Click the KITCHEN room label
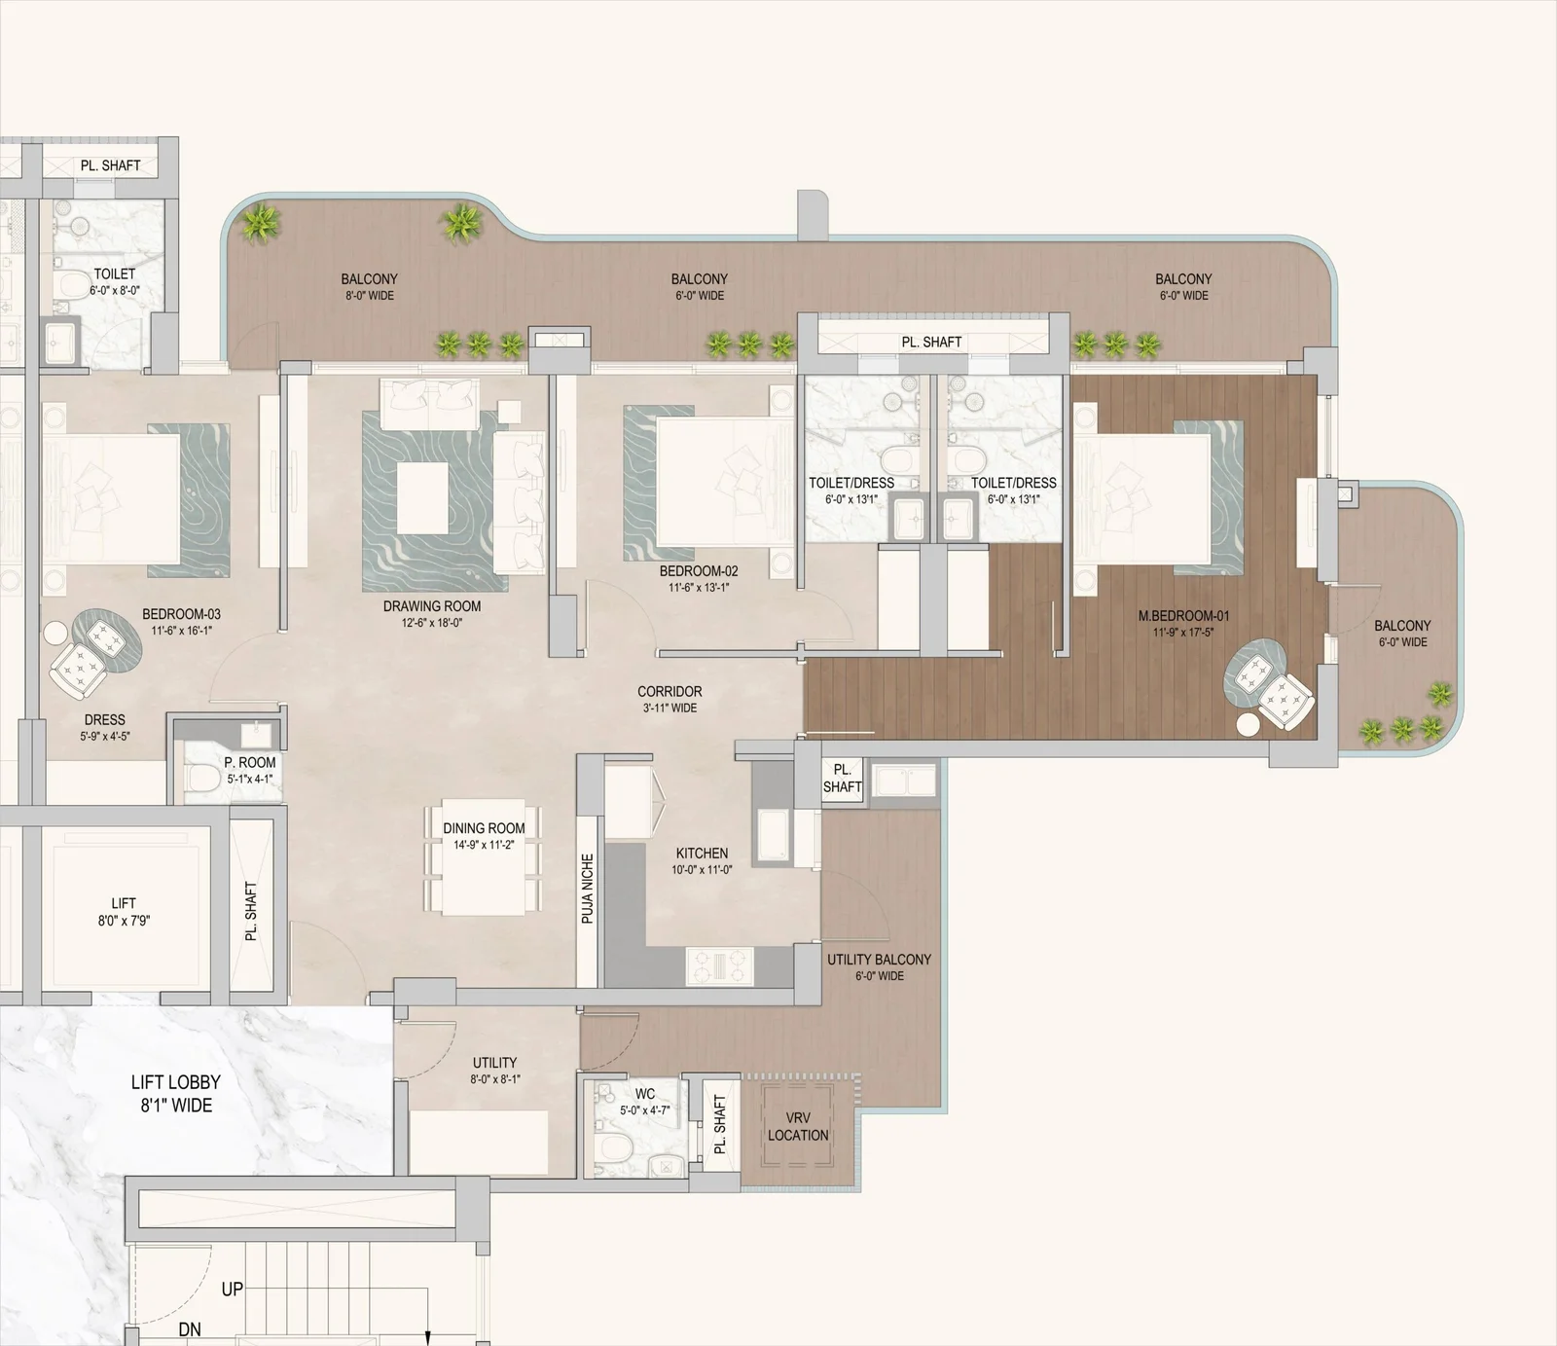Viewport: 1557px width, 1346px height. [702, 854]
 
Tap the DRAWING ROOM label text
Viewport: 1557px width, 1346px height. [432, 606]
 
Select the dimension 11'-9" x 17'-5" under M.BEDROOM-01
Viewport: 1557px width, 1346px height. [1183, 633]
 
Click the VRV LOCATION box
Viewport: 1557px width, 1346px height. [798, 1127]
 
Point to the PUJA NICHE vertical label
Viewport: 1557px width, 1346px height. [588, 889]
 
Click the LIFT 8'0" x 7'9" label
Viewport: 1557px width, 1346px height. [124, 912]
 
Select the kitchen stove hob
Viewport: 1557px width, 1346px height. [720, 964]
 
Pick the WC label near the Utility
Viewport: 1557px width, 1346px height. [644, 1094]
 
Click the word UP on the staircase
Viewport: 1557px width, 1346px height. [232, 1289]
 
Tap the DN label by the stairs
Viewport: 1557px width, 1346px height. [190, 1329]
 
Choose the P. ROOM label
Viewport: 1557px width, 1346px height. [250, 763]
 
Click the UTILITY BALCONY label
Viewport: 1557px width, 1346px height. [879, 960]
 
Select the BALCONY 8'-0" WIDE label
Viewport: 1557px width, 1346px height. [369, 287]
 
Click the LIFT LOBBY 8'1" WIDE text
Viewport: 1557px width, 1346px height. [175, 1093]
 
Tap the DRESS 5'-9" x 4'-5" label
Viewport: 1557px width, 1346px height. [104, 727]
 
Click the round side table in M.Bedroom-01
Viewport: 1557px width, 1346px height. [1248, 724]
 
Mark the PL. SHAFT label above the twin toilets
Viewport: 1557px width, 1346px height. [931, 342]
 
